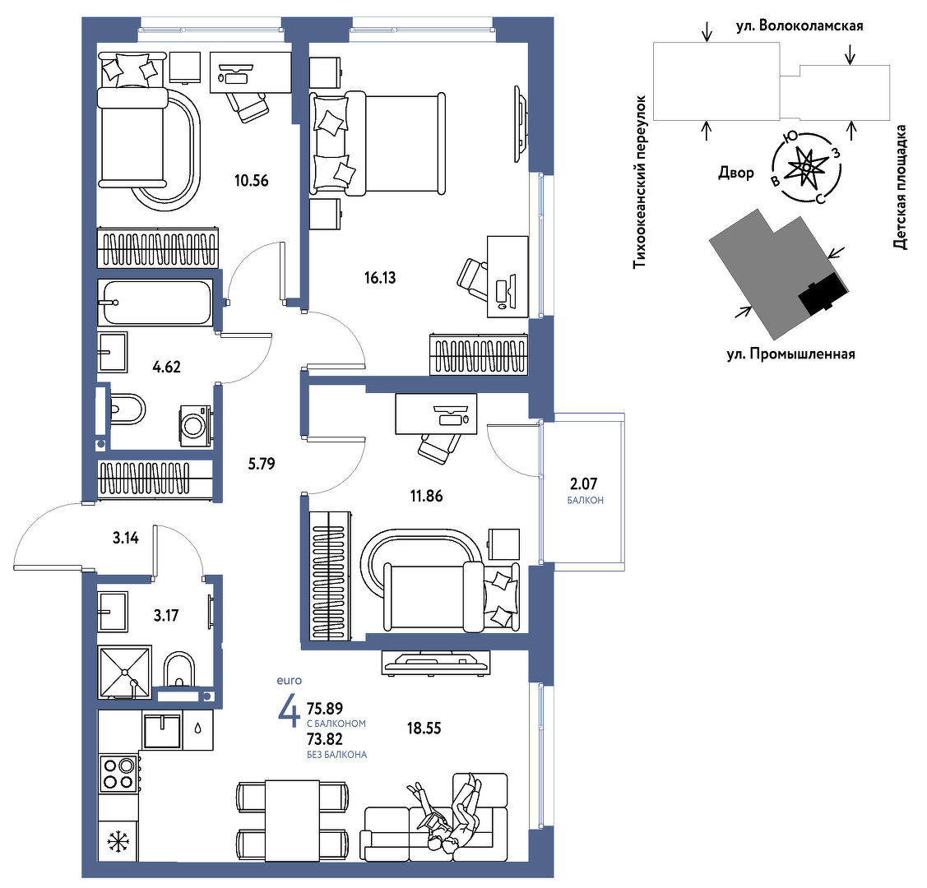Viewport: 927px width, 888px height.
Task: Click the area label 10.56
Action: tap(251, 181)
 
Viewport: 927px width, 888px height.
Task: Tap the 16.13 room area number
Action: tap(380, 278)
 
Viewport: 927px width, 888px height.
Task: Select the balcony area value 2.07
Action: tap(583, 484)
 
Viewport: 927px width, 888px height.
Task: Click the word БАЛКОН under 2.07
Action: tap(586, 501)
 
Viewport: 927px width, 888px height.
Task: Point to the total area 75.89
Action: tap(325, 708)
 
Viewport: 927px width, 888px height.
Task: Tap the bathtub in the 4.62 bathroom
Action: tap(155, 303)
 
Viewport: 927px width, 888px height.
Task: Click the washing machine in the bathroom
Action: tap(195, 425)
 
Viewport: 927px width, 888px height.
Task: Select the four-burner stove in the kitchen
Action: tap(118, 774)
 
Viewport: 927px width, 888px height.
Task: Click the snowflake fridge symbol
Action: tap(118, 841)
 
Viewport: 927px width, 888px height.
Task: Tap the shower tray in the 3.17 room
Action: tap(125, 672)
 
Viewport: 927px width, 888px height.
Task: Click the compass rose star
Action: tap(806, 168)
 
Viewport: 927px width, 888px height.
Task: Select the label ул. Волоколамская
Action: tap(800, 26)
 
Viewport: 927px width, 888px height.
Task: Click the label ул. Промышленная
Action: tap(791, 354)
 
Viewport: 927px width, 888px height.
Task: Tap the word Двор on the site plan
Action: tap(736, 173)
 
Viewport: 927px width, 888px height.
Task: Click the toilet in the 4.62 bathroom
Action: tap(127, 409)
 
